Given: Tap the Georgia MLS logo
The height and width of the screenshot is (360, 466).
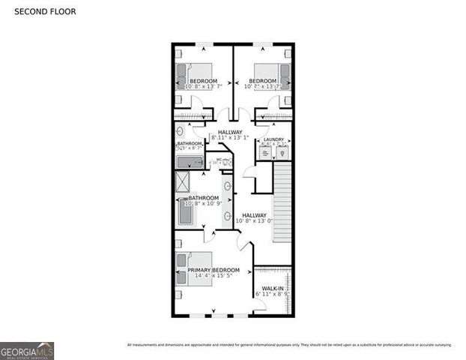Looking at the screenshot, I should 27,350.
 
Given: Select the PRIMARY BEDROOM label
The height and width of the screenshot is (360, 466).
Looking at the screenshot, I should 214,270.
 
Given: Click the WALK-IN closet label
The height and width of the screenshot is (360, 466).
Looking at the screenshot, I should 272,289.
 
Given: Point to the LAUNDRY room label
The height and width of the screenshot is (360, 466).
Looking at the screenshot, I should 273,139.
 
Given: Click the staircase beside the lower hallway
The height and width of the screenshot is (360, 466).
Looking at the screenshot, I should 282,202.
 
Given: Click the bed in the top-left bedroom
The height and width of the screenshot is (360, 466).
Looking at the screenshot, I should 185,77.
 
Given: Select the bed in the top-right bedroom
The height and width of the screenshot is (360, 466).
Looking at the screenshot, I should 282,77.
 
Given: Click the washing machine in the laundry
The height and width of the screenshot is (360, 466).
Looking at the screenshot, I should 265,153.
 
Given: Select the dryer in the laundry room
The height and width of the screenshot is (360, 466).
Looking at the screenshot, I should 282,153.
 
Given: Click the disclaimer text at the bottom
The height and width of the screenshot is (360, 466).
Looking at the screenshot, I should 289,345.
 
